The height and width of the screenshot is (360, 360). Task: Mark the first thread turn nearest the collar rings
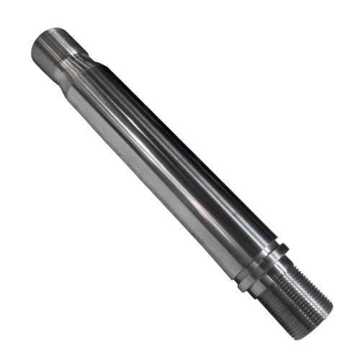(283, 277)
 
